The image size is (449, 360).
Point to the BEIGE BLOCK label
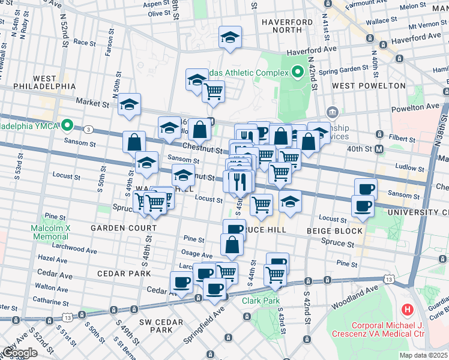click(x=334, y=230)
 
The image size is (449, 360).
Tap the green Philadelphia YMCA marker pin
click(x=68, y=126)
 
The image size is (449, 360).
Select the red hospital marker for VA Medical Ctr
click(x=408, y=310)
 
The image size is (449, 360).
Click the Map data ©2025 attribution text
click(x=423, y=355)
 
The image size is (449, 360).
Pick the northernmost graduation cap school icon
click(x=230, y=38)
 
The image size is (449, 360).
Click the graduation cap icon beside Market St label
click(x=129, y=104)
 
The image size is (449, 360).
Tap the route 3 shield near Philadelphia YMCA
click(x=88, y=129)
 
